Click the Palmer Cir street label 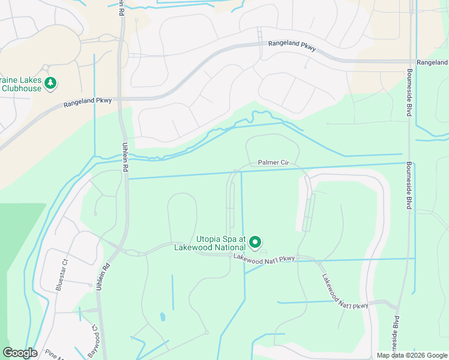[274, 162]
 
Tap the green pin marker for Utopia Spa [255, 242]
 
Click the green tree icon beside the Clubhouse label [52, 82]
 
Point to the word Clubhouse [21, 88]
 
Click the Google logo [20, 353]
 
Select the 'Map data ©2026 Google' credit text [412, 355]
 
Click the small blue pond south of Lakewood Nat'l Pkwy [163, 316]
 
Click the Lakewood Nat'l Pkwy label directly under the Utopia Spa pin [264, 258]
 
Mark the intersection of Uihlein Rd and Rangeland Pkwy [121, 97]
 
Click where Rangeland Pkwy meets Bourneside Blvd [410, 61]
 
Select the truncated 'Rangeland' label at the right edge [432, 62]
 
